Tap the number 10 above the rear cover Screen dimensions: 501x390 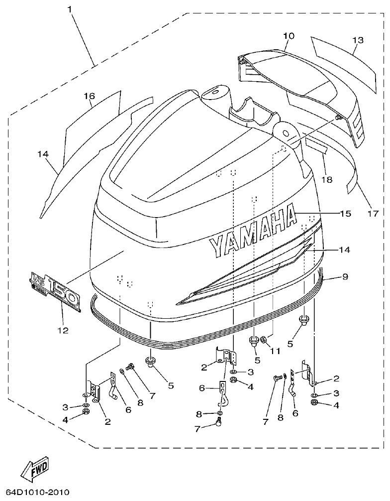pyautogui.click(x=289, y=36)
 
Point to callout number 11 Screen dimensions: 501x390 pyautogui.click(x=275, y=351)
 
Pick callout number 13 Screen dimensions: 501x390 pyautogui.click(x=358, y=40)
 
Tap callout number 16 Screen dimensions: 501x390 pyautogui.click(x=89, y=96)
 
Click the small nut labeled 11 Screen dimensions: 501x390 pyautogui.click(x=264, y=340)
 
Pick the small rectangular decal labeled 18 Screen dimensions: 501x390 pyautogui.click(x=317, y=145)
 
